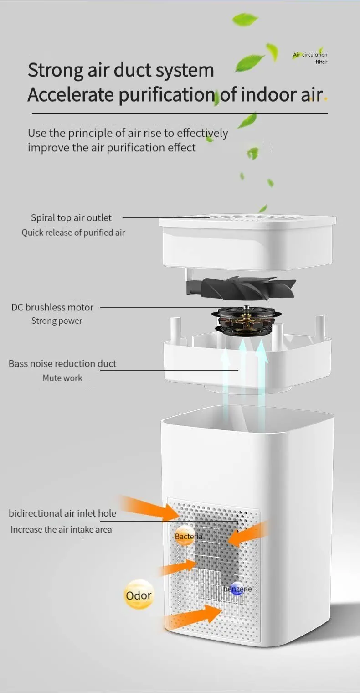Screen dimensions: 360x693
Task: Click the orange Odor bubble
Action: pyautogui.click(x=139, y=595)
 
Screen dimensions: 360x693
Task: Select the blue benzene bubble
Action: pyautogui.click(x=237, y=589)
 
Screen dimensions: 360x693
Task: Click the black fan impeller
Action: pyautogui.click(x=242, y=287)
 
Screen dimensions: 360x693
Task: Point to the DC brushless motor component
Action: pyautogui.click(x=246, y=320)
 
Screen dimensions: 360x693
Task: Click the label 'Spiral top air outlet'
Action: pyautogui.click(x=71, y=218)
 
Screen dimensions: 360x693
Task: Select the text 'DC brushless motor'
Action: pyautogui.click(x=52, y=307)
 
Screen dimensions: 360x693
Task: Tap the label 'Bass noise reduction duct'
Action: pyautogui.click(x=62, y=364)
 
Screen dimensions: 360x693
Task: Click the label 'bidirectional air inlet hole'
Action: pyautogui.click(x=62, y=513)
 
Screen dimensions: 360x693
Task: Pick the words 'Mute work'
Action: pyautogui.click(x=62, y=378)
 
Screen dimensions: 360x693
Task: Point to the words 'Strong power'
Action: pyautogui.click(x=57, y=321)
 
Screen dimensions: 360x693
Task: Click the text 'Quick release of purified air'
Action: pyautogui.click(x=73, y=233)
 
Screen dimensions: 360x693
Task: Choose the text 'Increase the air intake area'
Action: pyautogui.click(x=61, y=530)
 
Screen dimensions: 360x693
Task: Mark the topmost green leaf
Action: pyautogui.click(x=246, y=19)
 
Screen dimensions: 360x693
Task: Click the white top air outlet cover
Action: pyautogui.click(x=247, y=242)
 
